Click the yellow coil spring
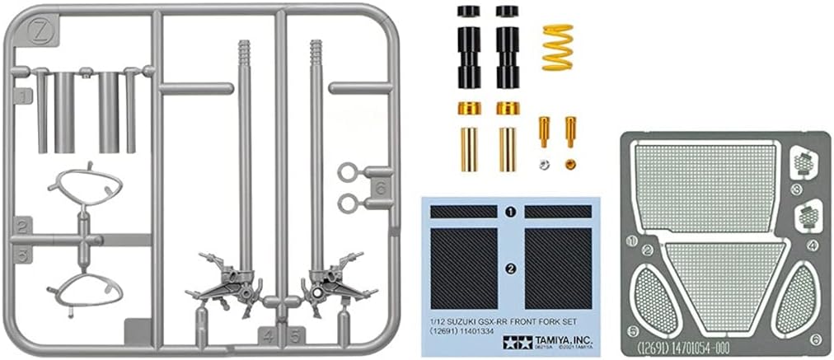(x=557, y=46)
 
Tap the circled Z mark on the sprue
(x=39, y=33)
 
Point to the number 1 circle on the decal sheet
(x=510, y=212)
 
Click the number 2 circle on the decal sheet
(x=510, y=268)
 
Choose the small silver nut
(x=544, y=164)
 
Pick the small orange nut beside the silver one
(x=570, y=164)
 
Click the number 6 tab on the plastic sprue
(x=380, y=187)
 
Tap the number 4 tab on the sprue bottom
(x=269, y=336)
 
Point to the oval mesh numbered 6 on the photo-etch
(x=795, y=297)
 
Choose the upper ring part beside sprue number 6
(x=348, y=172)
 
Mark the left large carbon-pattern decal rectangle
(x=464, y=268)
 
